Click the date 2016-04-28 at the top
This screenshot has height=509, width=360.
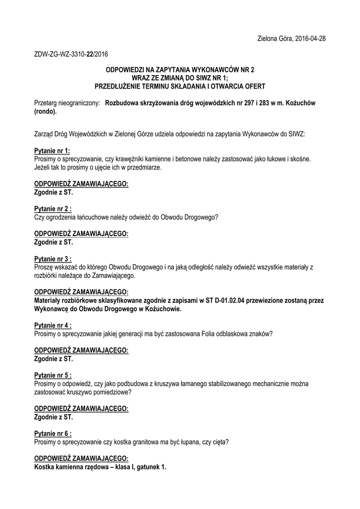pos(309,38)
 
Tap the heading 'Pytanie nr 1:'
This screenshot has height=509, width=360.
pos(52,151)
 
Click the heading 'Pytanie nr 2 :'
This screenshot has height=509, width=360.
pos(53,209)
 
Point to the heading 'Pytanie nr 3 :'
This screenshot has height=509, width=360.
pos(53,259)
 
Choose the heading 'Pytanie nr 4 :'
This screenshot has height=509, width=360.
pos(53,326)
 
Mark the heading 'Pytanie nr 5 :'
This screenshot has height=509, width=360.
pos(53,376)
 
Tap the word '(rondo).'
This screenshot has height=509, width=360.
pos(46,111)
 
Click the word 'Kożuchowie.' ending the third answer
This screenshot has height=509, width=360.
pos(164,309)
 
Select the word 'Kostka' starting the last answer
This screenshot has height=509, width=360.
pos(44,467)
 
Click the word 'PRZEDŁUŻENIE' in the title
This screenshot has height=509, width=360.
pos(119,86)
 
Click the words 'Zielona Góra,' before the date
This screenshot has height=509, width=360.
pos(275,38)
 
